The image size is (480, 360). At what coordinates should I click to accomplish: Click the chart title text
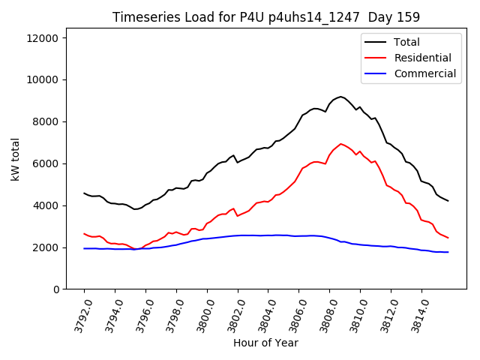266,16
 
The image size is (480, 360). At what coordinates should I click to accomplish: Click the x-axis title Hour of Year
265,343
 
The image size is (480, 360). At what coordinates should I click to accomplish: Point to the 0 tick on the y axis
56,289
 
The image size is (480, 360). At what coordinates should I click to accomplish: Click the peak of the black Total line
340,97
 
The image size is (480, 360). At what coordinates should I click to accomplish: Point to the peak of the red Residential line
340,144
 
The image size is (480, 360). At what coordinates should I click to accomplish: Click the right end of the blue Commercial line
448,252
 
